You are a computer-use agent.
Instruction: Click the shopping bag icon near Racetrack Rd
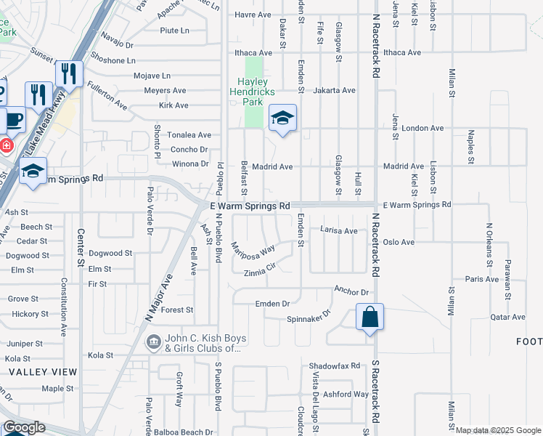pyautogui.click(x=370, y=318)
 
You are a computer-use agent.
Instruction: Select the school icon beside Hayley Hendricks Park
pyautogui.click(x=282, y=118)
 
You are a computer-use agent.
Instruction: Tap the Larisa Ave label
pyautogui.click(x=339, y=230)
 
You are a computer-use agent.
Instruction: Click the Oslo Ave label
pyautogui.click(x=399, y=242)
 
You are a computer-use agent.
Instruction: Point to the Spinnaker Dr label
pyautogui.click(x=309, y=318)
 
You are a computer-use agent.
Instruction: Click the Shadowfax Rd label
pyautogui.click(x=334, y=366)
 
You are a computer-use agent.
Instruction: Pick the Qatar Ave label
pyautogui.click(x=507, y=317)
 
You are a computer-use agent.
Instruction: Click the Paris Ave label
pyautogui.click(x=482, y=279)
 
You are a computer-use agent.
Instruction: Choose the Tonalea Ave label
pyautogui.click(x=189, y=135)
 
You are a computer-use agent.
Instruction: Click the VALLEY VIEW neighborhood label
pyautogui.click(x=43, y=372)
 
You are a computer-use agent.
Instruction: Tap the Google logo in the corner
pyautogui.click(x=24, y=427)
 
